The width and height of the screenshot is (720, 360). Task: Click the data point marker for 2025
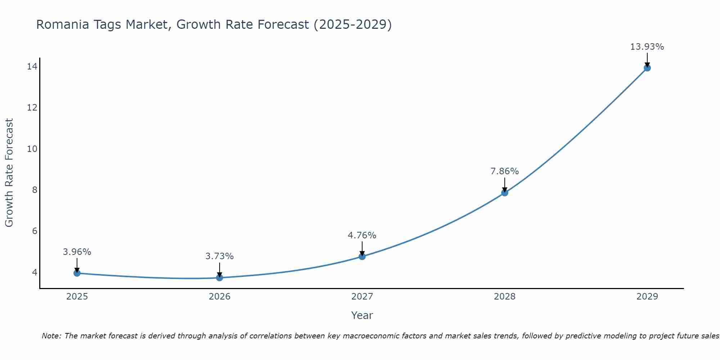77,273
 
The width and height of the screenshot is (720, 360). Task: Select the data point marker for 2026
220,278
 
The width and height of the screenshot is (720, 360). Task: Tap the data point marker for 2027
362,256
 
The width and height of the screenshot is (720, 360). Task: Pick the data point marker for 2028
505,193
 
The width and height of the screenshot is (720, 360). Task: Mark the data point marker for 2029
647,68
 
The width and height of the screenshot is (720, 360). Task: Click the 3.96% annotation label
77,252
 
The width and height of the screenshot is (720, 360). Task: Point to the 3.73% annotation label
220,256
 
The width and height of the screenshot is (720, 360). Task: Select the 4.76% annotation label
362,235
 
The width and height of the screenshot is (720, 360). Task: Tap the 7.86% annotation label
505,171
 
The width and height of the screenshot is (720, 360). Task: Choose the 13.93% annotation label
647,47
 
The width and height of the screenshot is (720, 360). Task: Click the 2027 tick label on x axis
362,297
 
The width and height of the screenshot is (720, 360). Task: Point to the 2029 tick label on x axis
647,297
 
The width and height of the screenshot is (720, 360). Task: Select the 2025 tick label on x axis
77,297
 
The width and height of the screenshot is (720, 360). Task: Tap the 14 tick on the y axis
32,66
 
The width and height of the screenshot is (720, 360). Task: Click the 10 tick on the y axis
32,149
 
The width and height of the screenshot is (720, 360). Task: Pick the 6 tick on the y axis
35,231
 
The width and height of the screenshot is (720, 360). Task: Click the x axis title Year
362,315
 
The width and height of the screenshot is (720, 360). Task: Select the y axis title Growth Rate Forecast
9,173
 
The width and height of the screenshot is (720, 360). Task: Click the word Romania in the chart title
60,25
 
